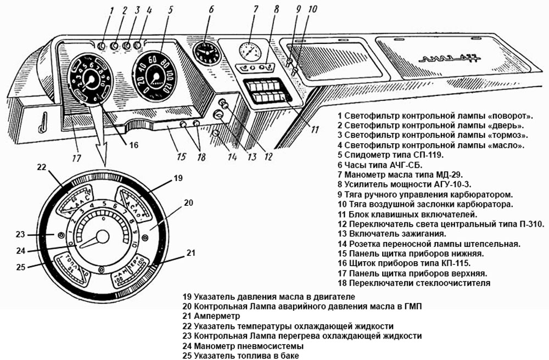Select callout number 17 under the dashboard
coord(76,157)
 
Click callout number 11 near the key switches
coord(314,130)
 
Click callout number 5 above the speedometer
coord(171,9)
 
